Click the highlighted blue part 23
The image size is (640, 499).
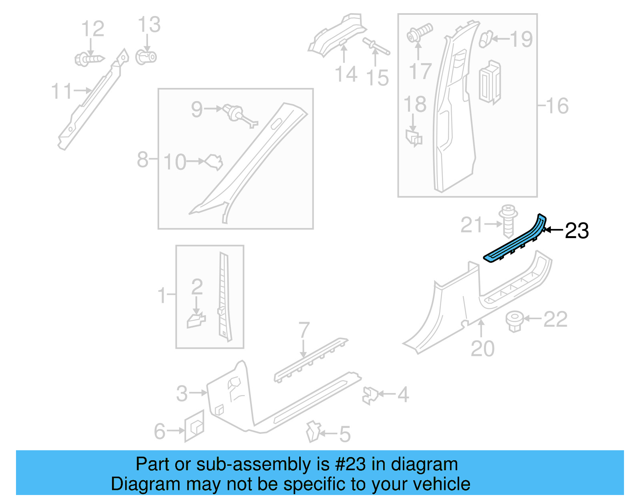pos(516,242)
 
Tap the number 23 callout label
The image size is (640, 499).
pos(576,231)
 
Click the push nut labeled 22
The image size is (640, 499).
pos(514,321)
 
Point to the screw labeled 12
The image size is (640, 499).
pos(89,59)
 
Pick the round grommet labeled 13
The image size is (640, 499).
pos(146,57)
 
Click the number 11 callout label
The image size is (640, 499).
pos(62,91)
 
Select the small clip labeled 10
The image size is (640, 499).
pos(214,161)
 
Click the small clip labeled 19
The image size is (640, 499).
pos(485,39)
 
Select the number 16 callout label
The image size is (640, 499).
pos(557,106)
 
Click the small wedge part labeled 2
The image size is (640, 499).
pos(196,320)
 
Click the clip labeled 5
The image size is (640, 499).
pos(313,431)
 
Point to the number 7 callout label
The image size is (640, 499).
pos(304,330)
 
